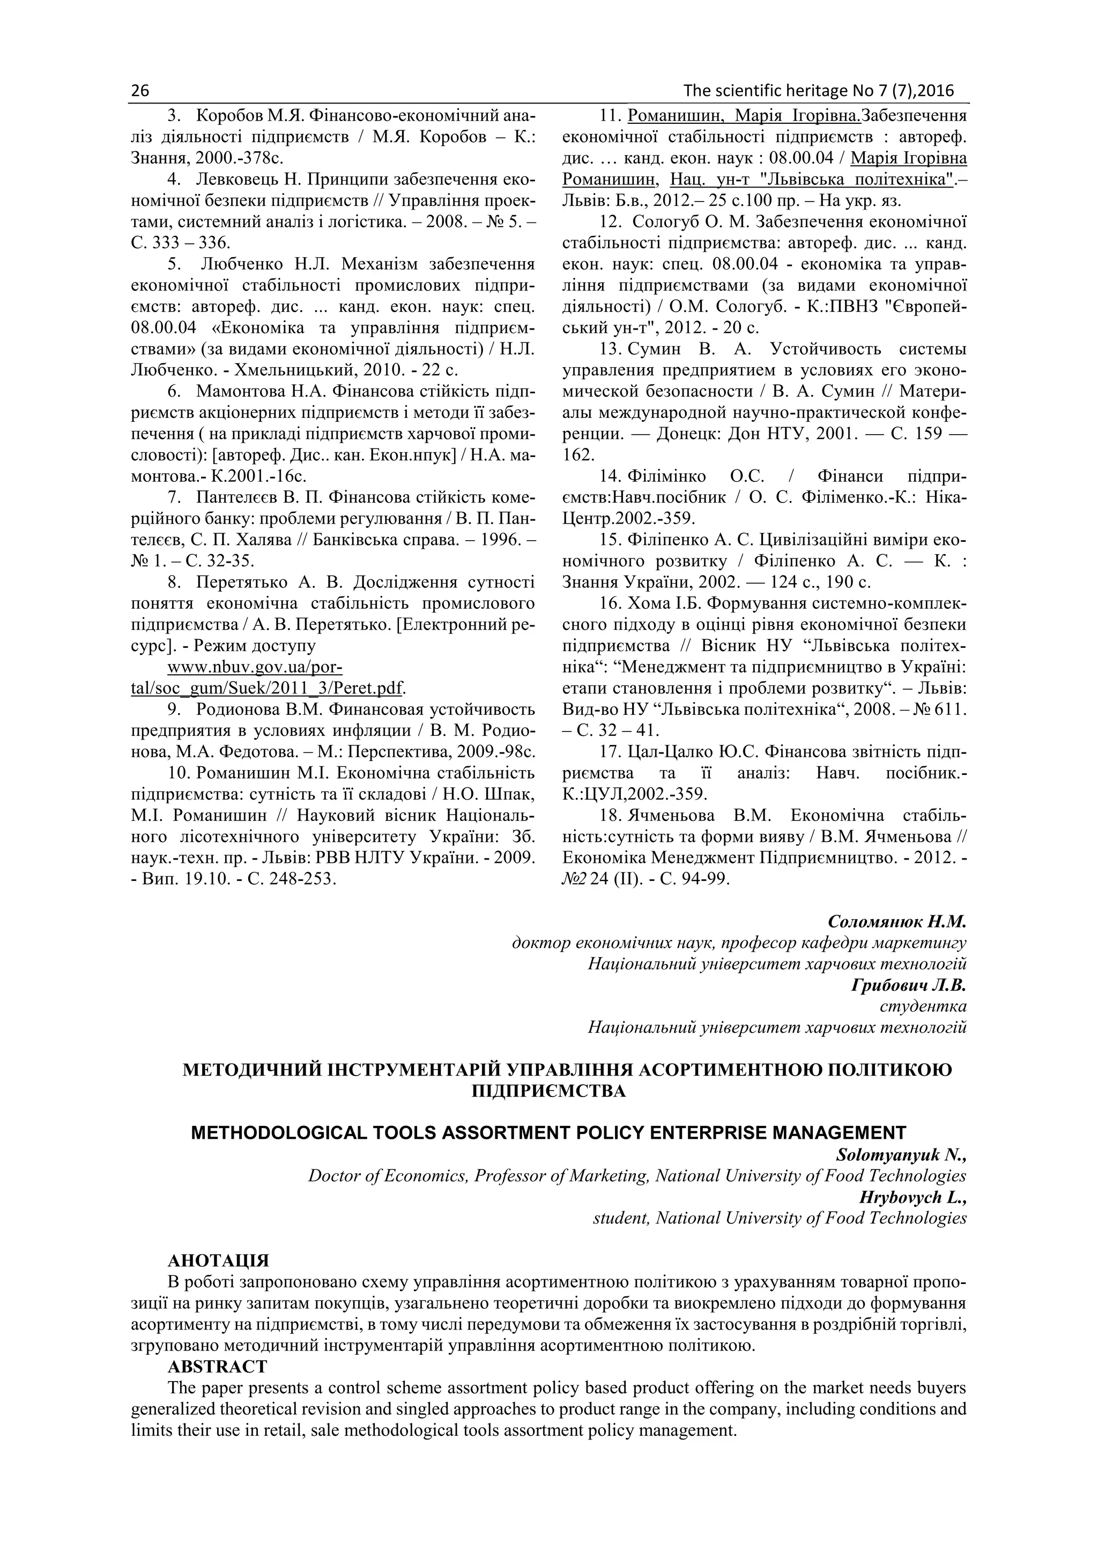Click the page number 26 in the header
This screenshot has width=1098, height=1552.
click(x=140, y=91)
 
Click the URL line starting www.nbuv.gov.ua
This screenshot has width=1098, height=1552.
click(x=255, y=667)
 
